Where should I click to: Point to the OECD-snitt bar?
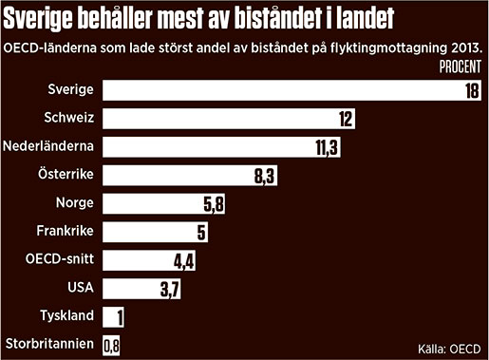pyautogui.click(x=152, y=258)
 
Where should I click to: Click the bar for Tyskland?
pyautogui.click(x=115, y=315)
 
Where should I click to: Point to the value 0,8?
pyautogui.click(x=112, y=344)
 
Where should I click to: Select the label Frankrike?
pyautogui.click(x=65, y=230)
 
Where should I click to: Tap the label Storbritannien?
pyautogui.click(x=48, y=343)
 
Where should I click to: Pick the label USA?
pyautogui.click(x=80, y=286)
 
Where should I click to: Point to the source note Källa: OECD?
pyautogui.click(x=445, y=345)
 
